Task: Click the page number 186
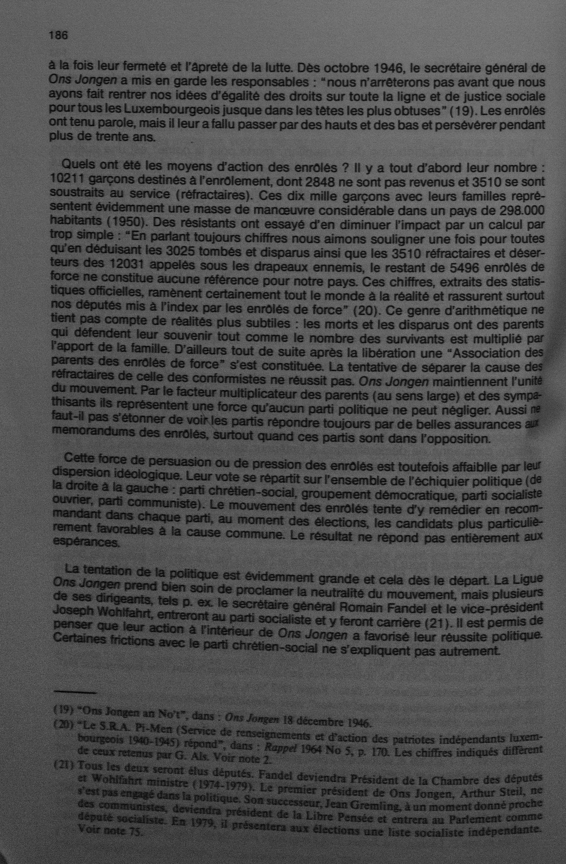58,36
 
